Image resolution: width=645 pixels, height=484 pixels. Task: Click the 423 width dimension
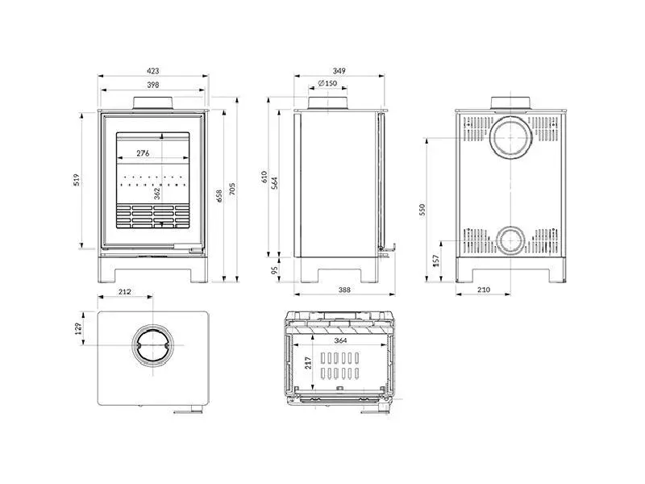(x=153, y=71)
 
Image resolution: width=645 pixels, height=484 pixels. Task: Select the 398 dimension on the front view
(x=153, y=85)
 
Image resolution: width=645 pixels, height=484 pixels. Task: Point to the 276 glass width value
(x=143, y=153)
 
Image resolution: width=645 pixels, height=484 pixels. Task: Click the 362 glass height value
(x=157, y=194)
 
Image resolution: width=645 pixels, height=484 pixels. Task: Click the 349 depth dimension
(x=338, y=71)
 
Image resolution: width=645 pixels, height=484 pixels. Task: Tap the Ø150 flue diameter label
(x=327, y=84)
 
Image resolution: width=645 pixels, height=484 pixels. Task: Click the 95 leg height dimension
(x=274, y=270)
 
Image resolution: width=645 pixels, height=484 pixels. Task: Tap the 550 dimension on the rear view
(x=422, y=208)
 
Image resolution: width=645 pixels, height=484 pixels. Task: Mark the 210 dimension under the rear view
(x=484, y=290)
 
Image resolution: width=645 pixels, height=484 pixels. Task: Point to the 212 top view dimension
(x=124, y=293)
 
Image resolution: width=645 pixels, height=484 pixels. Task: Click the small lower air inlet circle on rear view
(x=509, y=239)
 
